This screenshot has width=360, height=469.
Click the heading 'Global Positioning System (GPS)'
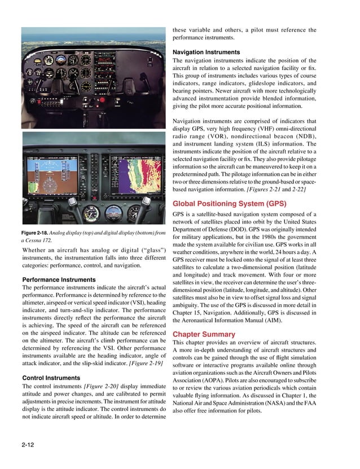229,204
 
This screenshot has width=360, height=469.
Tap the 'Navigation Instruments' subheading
206,52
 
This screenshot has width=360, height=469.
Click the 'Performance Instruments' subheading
58,280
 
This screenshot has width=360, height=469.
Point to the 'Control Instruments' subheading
50,377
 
